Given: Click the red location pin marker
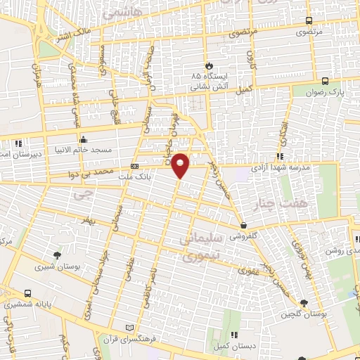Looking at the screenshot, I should click(x=181, y=165).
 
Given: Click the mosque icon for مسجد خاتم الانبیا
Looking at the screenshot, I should click(x=83, y=138).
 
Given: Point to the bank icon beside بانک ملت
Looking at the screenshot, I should click(x=135, y=166).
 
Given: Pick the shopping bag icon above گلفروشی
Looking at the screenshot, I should click(x=243, y=225).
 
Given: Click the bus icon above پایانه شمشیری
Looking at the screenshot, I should click(x=27, y=293).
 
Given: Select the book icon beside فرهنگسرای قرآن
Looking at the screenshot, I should click(x=127, y=328).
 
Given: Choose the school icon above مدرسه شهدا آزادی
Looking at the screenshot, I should click(x=280, y=156).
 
